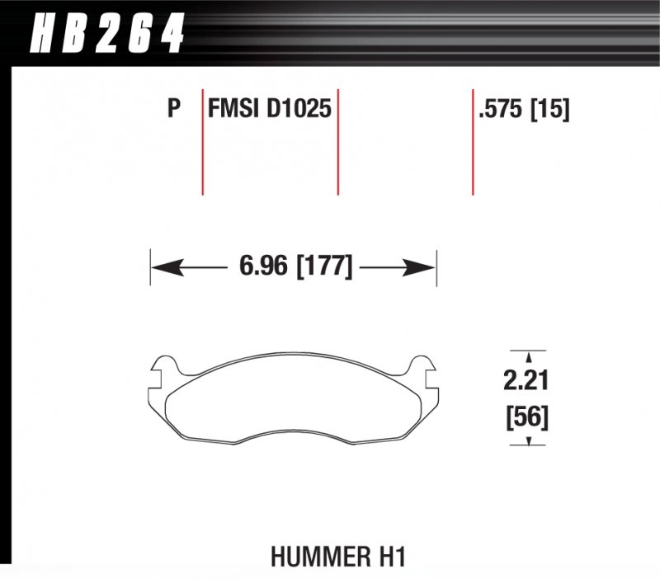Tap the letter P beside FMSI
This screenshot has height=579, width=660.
(x=173, y=109)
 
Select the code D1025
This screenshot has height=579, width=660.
(x=299, y=109)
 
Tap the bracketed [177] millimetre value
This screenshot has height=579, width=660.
(x=324, y=267)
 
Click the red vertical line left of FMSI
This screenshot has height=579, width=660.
(x=203, y=140)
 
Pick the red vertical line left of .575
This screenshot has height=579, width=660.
(x=473, y=140)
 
